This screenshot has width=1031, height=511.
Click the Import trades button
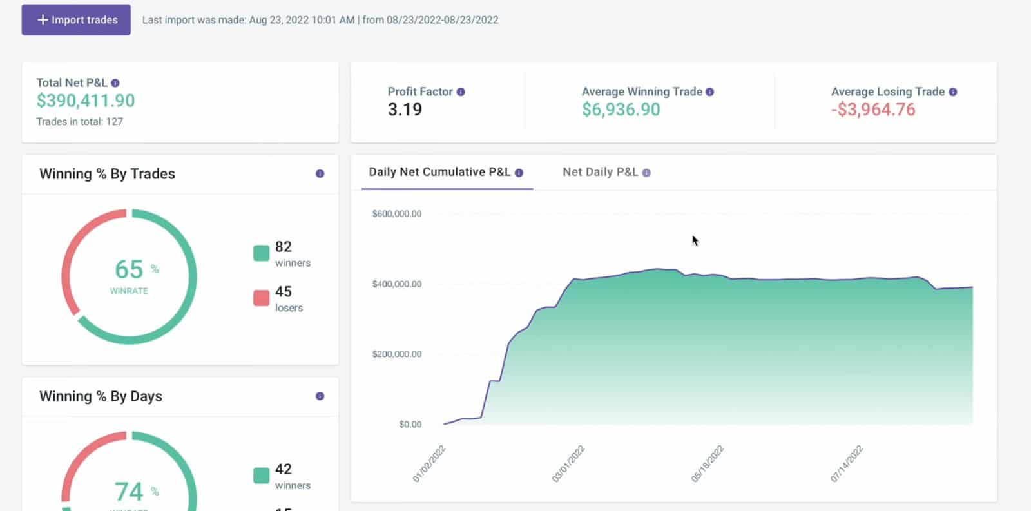click(76, 20)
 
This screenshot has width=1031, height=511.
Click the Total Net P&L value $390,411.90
click(86, 101)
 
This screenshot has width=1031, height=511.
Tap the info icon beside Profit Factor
click(461, 92)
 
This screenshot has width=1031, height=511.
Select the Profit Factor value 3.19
click(405, 110)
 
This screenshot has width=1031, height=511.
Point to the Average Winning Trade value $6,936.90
click(621, 110)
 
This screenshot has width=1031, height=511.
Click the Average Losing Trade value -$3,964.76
click(873, 110)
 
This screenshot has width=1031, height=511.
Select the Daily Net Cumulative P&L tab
click(439, 172)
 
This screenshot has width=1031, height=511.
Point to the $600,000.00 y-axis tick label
click(397, 214)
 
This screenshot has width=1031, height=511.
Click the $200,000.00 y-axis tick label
click(397, 354)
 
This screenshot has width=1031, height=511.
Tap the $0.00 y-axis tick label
click(410, 424)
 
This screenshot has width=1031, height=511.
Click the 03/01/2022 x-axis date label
click(568, 463)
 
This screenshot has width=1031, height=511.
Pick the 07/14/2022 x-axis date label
click(846, 463)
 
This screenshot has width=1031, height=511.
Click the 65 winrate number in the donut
click(129, 269)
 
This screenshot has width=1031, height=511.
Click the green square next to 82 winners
click(261, 253)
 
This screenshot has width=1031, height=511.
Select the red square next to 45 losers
click(261, 298)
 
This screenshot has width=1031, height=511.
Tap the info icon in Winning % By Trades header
click(320, 174)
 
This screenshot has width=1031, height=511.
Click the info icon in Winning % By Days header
click(320, 396)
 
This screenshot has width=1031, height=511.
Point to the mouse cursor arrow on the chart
click(695, 240)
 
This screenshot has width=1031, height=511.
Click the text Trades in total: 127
click(79, 122)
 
